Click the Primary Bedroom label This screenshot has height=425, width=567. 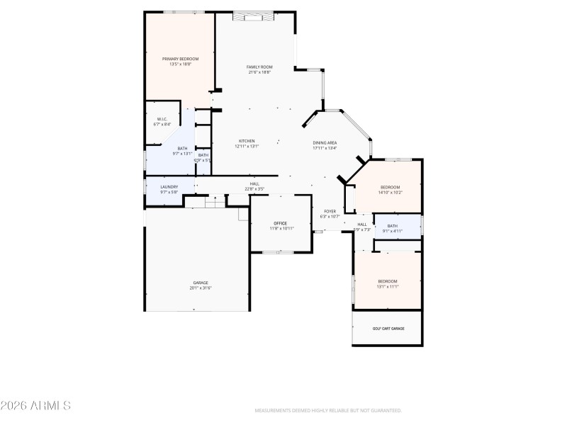180,59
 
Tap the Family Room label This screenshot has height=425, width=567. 259,67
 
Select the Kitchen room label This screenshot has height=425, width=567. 247,141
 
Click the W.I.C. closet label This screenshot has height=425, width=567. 162,119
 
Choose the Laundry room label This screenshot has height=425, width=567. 169,187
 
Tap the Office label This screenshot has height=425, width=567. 281,223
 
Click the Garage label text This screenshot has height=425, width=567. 201,283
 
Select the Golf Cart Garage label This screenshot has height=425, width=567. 388,329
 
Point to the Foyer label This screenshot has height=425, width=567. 330,211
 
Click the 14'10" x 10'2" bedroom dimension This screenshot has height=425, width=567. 390,192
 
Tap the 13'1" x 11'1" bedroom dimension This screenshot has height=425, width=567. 388,286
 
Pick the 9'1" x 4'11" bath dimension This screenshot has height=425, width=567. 392,232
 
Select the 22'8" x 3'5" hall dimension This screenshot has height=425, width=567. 254,188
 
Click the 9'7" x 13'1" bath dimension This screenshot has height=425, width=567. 182,154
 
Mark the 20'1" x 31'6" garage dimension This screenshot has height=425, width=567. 201,288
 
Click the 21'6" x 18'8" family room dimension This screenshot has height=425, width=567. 259,72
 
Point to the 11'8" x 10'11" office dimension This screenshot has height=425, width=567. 281,229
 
